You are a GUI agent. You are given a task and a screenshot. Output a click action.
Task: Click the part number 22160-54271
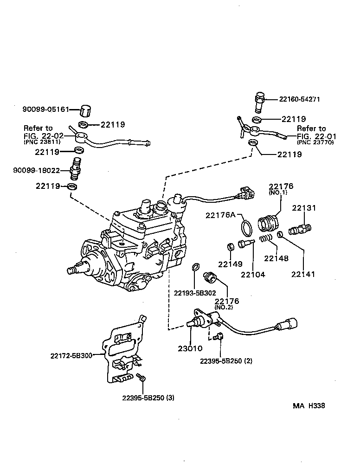300,99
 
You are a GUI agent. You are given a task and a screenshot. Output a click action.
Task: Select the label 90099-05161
45,109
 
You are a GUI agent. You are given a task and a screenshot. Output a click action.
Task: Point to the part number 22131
304,208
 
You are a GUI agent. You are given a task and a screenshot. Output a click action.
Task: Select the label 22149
231,264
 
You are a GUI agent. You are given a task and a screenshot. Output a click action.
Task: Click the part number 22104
253,274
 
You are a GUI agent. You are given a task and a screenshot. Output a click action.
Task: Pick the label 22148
276,258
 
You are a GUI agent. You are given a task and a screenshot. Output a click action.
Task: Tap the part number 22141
303,274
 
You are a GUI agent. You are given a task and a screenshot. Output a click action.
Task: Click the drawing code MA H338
309,405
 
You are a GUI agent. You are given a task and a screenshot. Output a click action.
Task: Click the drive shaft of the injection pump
74,269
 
